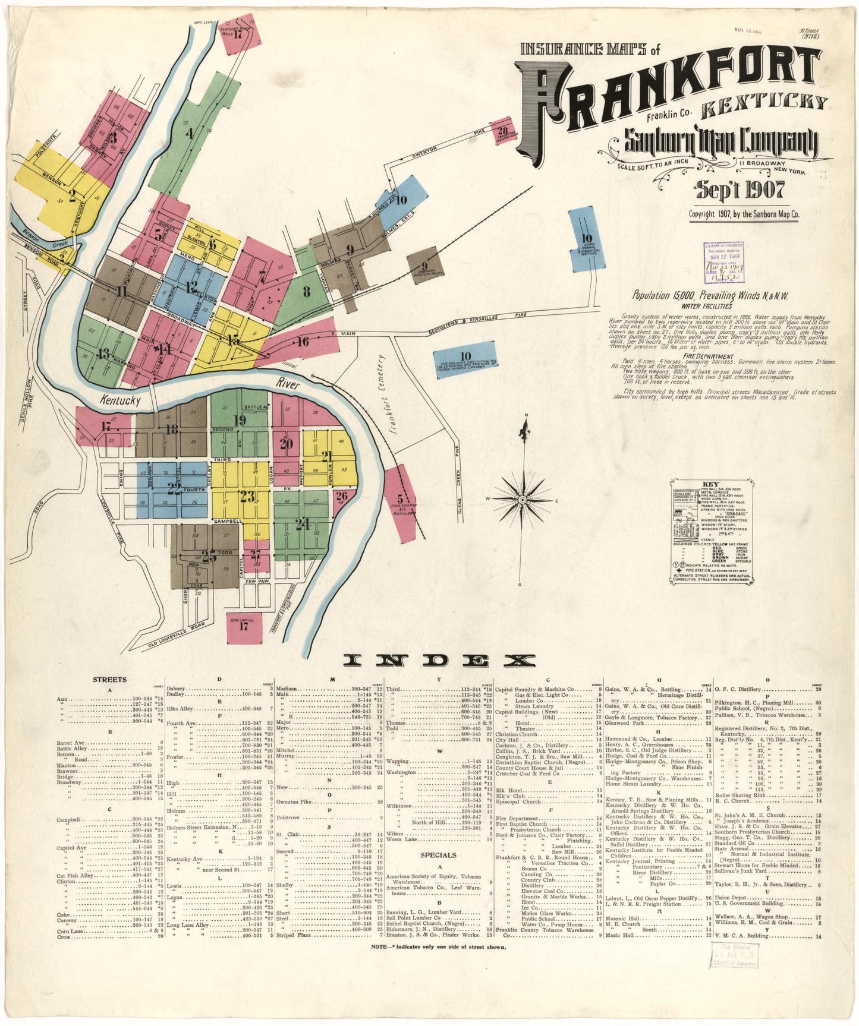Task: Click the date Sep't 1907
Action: pyautogui.click(x=740, y=190)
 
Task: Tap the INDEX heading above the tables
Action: pyautogui.click(x=439, y=660)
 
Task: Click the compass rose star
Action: pyautogui.click(x=523, y=500)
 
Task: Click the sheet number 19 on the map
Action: pyautogui.click(x=240, y=421)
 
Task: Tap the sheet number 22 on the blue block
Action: pyautogui.click(x=174, y=489)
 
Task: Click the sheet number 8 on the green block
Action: pyautogui.click(x=306, y=291)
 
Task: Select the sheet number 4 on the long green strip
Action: pyautogui.click(x=190, y=134)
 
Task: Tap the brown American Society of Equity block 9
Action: pyautogui.click(x=423, y=266)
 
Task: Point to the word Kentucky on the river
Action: pyautogui.click(x=121, y=400)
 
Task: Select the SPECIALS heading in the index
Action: pyautogui.click(x=439, y=855)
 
